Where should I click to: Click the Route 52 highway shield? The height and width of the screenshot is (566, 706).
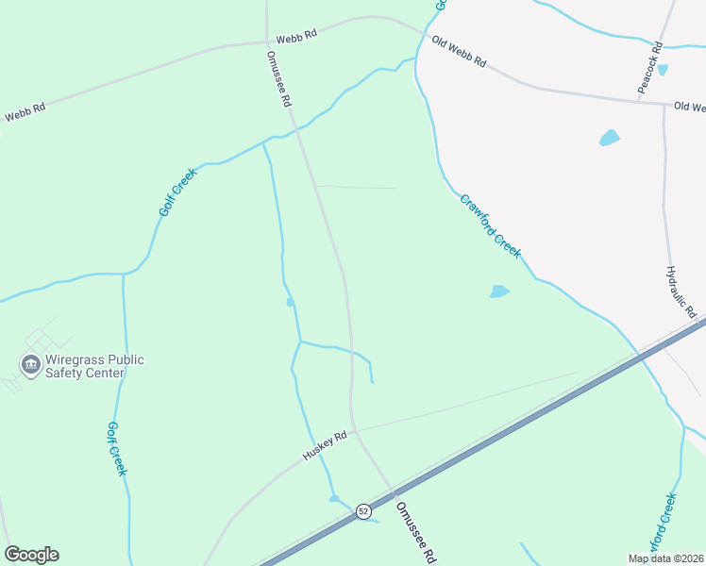363,510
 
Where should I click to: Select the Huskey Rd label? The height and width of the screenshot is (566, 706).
326,446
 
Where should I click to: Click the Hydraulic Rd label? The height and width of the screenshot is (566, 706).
681,291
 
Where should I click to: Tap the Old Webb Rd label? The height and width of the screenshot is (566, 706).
459,52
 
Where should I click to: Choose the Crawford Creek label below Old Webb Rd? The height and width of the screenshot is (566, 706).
491,226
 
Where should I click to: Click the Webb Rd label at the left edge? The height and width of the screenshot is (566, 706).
25,112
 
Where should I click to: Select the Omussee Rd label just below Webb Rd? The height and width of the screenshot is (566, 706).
279,78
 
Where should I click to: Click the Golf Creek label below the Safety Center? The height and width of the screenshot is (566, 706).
115,449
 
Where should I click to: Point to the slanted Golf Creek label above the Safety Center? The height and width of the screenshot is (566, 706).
176,192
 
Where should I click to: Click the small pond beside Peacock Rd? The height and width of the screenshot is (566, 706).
662,70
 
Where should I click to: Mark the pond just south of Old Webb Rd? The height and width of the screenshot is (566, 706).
609,138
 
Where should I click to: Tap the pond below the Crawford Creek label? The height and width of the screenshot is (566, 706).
499,291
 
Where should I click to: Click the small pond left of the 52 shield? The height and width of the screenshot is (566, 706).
333,498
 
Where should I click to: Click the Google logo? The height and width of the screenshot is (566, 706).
31,555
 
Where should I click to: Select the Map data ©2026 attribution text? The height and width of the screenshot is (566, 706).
665,558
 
